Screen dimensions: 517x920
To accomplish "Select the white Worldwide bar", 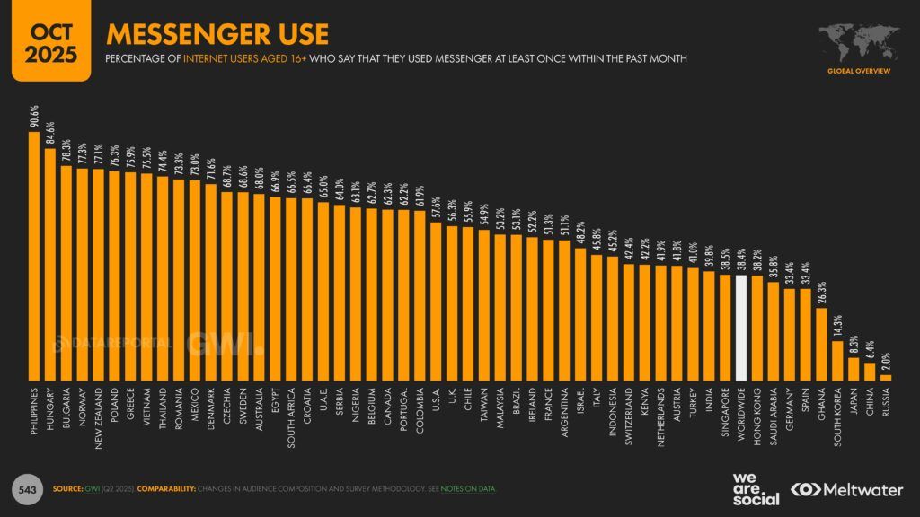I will click(x=741, y=328).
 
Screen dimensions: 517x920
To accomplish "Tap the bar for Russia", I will click(x=886, y=378).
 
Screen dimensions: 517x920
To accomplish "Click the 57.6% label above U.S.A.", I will click(x=436, y=207).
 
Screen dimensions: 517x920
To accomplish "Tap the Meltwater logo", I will click(x=844, y=489).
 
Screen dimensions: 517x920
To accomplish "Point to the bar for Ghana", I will click(x=821, y=345).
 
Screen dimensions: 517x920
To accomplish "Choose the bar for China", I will click(x=870, y=372).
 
